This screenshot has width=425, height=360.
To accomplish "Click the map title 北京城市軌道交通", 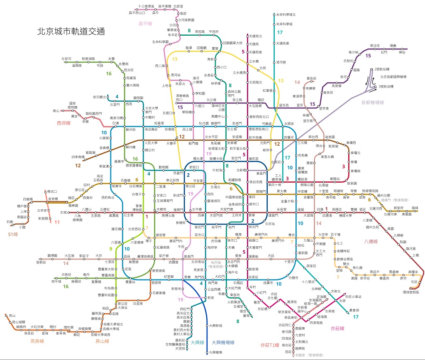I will tap(71, 31).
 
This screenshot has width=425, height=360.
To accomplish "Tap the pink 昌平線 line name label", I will tap(146, 24).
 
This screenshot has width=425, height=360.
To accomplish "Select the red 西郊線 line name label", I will tap(64, 123).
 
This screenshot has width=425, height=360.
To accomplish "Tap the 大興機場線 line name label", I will tap(223, 343).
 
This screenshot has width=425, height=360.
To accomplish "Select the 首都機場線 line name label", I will tap(372, 103).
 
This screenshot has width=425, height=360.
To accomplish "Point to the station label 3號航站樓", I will tap(386, 86).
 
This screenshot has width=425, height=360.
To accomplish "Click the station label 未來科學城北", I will tap(286, 15).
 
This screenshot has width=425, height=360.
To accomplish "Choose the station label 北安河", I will tap(66, 59).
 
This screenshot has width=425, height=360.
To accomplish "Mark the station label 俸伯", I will tap(401, 53).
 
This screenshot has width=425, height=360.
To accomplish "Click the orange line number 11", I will tap(57, 222).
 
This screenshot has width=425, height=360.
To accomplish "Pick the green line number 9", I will tap(111, 249).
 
